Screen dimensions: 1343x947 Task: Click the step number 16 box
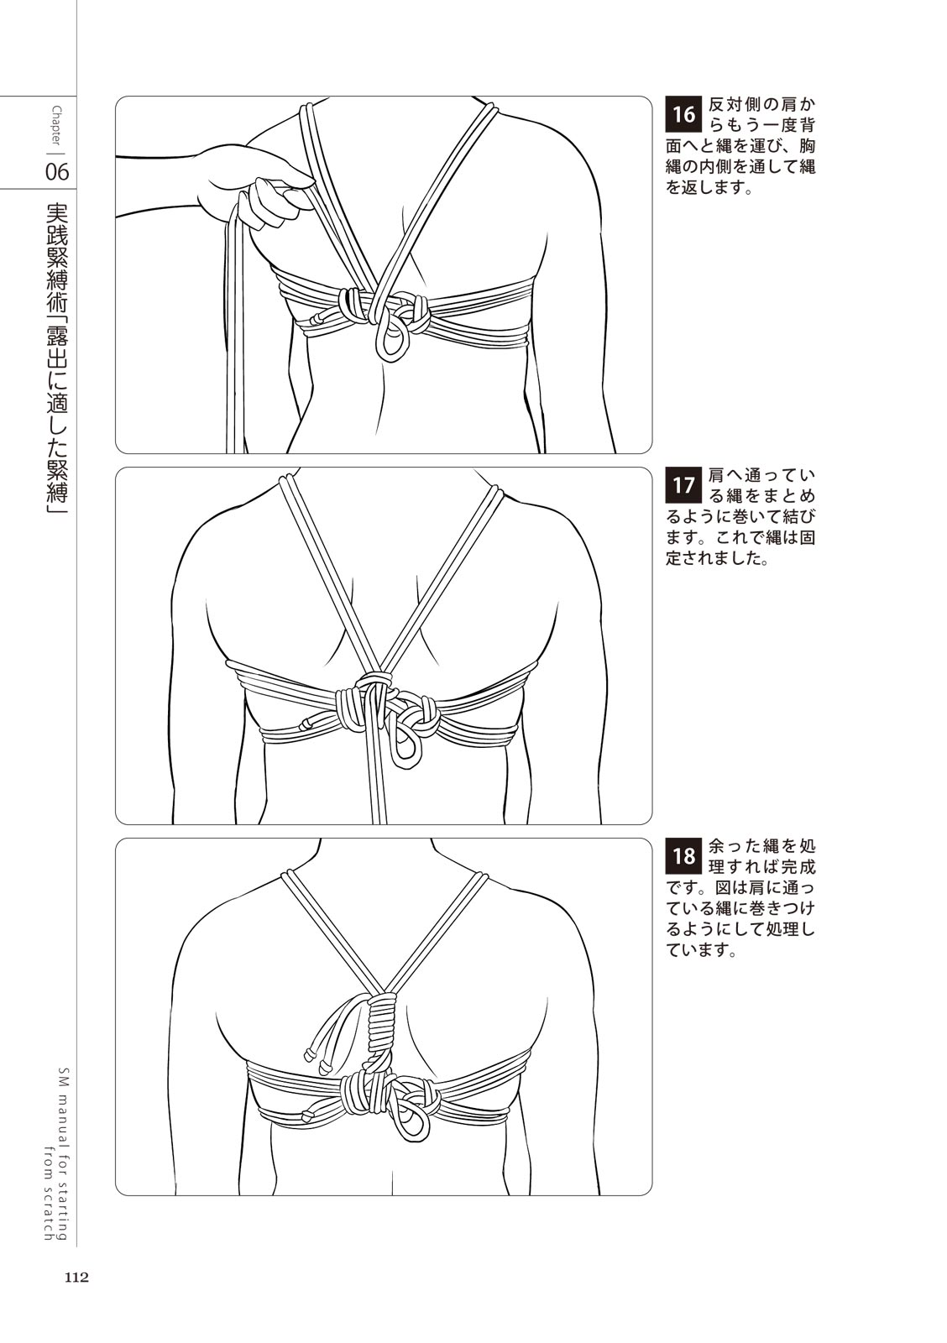coord(683,113)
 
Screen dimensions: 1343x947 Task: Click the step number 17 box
coord(683,484)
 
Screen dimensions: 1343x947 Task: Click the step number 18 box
coord(683,855)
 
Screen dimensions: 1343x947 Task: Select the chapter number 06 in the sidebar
coord(57,172)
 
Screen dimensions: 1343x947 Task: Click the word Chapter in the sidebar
coord(56,125)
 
